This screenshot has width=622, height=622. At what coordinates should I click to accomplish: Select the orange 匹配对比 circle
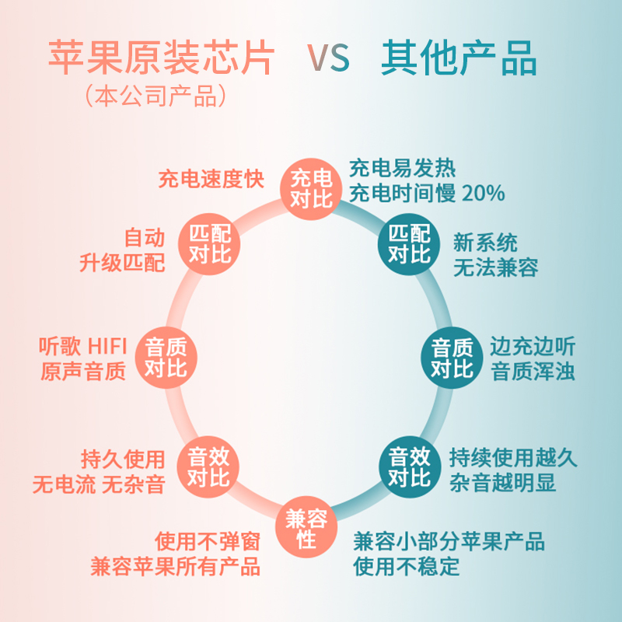click(x=210, y=243)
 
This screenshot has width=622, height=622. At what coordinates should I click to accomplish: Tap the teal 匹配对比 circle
click(x=409, y=243)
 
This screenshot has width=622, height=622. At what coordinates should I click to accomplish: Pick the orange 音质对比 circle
click(x=166, y=357)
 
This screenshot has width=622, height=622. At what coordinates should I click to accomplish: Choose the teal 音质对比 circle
click(x=453, y=357)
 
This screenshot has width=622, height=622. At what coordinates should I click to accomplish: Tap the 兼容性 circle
click(x=306, y=528)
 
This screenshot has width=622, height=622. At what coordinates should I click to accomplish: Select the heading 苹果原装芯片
click(x=162, y=58)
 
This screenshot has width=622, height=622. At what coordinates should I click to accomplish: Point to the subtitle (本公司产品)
click(x=156, y=96)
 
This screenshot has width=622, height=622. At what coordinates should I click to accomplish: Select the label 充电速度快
click(x=210, y=180)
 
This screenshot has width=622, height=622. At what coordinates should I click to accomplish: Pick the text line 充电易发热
click(x=402, y=168)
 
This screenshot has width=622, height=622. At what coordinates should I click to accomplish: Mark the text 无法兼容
click(x=495, y=268)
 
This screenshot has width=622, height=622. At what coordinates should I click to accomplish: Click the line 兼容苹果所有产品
click(x=175, y=565)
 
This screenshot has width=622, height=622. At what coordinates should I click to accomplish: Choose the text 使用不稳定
click(x=407, y=566)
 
